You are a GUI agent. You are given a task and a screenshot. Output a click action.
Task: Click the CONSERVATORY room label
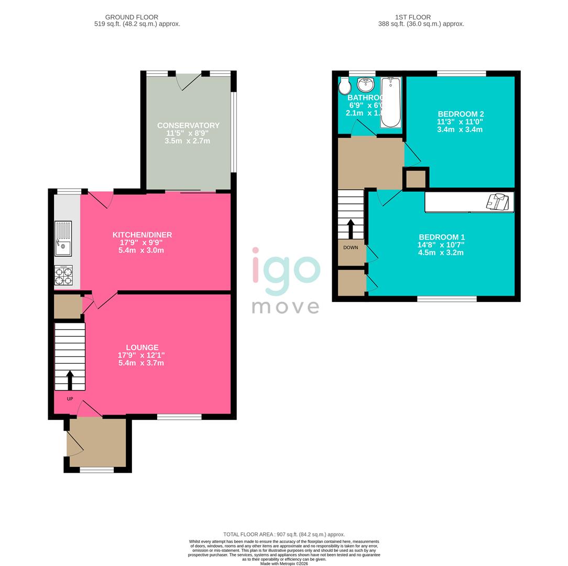[188, 125]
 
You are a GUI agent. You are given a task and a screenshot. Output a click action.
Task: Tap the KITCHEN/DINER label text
[142, 235]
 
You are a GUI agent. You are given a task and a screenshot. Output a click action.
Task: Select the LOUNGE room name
[142, 347]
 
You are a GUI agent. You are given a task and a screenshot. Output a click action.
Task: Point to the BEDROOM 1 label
[441, 237]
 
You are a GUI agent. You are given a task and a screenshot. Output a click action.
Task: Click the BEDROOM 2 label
[461, 114]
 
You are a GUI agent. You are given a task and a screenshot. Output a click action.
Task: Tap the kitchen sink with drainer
[63, 239]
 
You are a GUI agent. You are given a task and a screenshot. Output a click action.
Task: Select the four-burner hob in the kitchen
[63, 276]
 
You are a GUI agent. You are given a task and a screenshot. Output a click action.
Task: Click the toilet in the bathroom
[344, 85]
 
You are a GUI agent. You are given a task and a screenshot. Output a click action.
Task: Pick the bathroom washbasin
[365, 83]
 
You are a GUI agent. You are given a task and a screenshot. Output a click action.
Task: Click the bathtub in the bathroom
[390, 102]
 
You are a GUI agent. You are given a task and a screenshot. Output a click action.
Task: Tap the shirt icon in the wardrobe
[498, 202]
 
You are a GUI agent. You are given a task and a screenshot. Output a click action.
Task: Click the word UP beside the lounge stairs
[70, 399]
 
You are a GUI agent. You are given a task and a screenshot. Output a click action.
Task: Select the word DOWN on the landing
[351, 247]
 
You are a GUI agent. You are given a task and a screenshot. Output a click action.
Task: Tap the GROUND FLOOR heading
[132, 17]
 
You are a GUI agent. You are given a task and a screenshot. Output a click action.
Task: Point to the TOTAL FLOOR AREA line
[284, 535]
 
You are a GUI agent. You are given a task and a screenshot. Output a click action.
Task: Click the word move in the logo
[286, 307]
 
